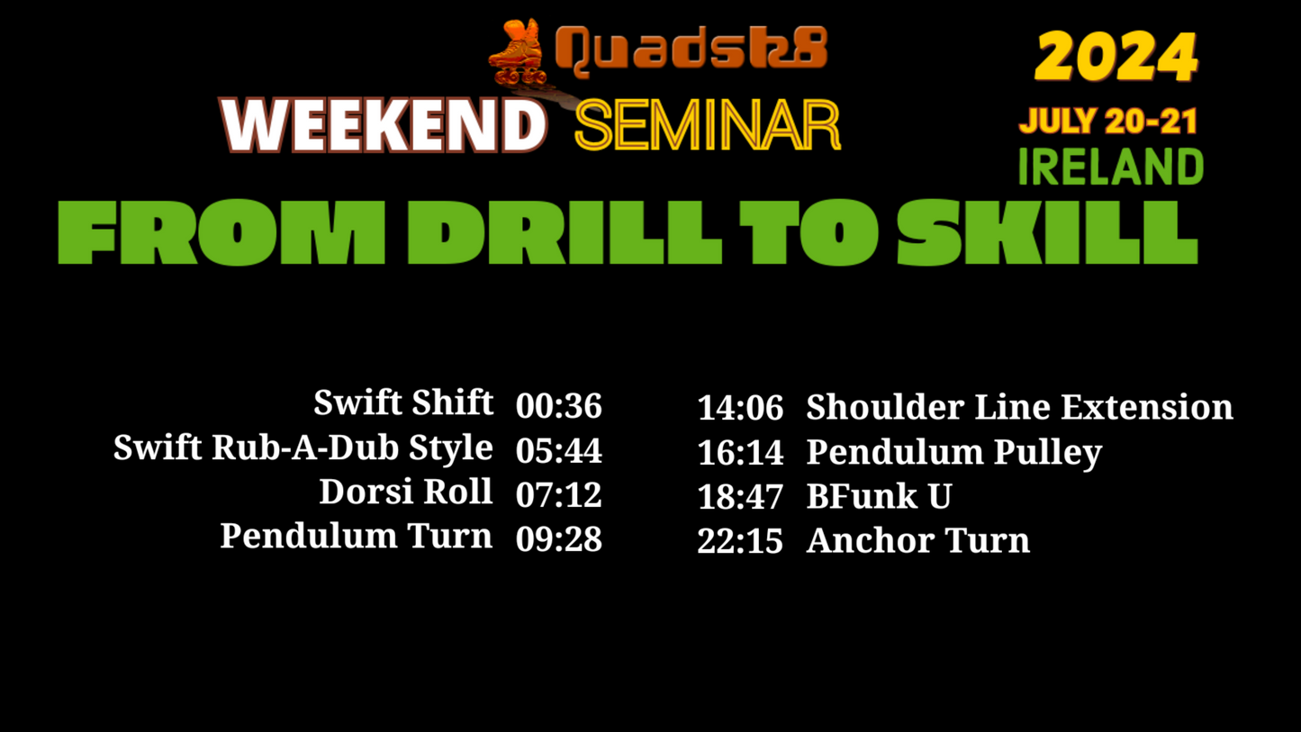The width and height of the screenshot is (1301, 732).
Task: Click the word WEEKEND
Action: (x=384, y=125)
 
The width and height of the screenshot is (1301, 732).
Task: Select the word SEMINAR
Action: (x=708, y=125)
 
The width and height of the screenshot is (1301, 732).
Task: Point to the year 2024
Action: (x=1116, y=57)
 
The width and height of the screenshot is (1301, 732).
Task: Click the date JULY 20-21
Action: (x=1108, y=121)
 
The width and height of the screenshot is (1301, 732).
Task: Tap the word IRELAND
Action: (x=1110, y=167)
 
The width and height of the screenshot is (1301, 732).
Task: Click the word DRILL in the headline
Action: (x=565, y=232)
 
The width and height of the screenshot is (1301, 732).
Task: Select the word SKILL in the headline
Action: (x=1047, y=232)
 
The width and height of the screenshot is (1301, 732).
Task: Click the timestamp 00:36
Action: (x=559, y=405)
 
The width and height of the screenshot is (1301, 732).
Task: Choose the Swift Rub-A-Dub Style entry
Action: (x=303, y=447)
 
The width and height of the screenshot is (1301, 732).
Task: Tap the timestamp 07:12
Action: (x=559, y=495)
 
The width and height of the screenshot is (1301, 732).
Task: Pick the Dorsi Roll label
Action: (x=406, y=492)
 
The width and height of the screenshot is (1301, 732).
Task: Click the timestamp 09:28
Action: (x=559, y=539)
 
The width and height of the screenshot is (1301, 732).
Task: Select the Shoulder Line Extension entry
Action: (x=1019, y=406)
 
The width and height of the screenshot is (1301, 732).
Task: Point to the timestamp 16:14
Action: (x=740, y=453)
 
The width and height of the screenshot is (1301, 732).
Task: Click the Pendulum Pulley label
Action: (x=954, y=453)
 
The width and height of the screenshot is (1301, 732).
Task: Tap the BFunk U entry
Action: (x=879, y=496)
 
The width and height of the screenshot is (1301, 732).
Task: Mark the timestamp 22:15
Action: (x=740, y=541)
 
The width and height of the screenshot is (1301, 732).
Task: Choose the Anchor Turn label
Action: (x=918, y=540)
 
